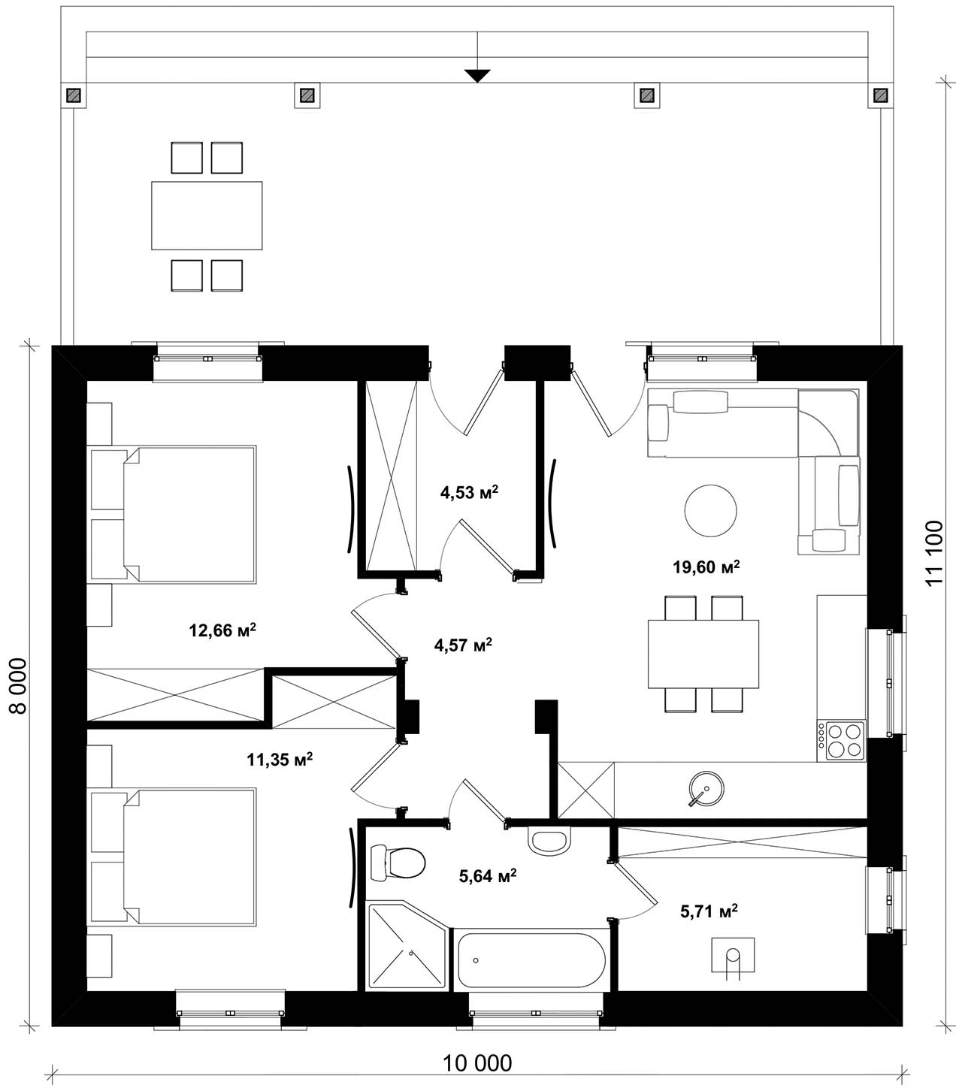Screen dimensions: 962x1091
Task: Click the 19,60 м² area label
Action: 706,567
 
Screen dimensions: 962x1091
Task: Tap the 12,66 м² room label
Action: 222,630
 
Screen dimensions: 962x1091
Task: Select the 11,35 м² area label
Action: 280,760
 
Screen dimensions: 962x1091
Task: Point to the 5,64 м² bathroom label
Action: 488,876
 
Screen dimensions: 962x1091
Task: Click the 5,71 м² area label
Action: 709,911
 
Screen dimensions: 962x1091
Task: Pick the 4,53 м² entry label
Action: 469,492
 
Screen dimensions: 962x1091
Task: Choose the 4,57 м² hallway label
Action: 463,645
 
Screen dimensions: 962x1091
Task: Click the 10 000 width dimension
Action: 477,1063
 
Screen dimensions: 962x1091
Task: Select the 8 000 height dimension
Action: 18,686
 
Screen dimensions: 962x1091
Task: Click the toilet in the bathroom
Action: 398,863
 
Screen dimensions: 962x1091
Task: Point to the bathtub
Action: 531,960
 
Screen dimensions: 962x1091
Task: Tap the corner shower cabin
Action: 407,946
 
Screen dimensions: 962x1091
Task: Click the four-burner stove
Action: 841,741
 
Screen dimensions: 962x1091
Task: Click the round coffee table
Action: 710,510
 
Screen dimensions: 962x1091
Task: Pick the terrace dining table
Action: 207,216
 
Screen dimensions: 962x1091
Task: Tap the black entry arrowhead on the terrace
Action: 477,76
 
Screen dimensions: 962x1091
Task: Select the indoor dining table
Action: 703,654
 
